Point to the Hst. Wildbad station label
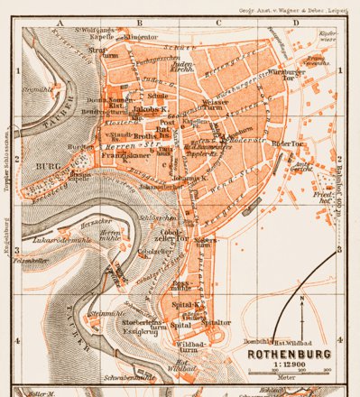pyautogui.click(x=292, y=341)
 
